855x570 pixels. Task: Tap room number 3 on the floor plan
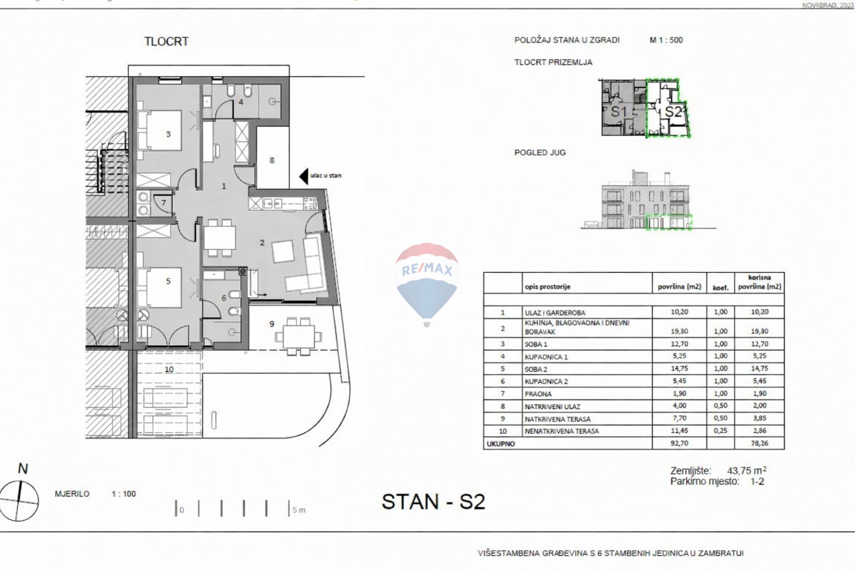(168, 134)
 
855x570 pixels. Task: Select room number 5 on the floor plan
(168, 281)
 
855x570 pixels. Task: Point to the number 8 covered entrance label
(271, 160)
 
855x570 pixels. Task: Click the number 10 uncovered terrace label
(168, 369)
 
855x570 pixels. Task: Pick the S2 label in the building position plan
(673, 112)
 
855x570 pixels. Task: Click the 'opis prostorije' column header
(547, 287)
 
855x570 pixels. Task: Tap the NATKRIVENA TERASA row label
(558, 419)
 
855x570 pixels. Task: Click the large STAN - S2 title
(433, 502)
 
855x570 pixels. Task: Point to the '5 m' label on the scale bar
(299, 510)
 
